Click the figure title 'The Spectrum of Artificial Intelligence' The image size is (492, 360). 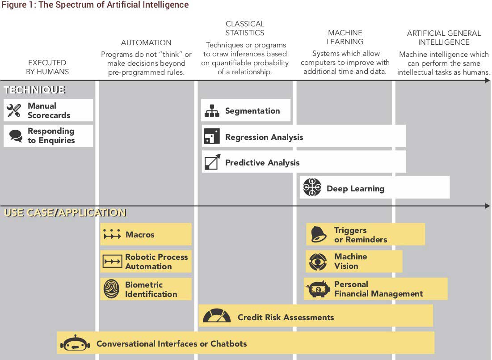tap(114, 5)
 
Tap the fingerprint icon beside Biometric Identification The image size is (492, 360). tap(111, 289)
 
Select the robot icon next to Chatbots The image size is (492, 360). tap(75, 343)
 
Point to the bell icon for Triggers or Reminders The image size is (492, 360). tap(319, 234)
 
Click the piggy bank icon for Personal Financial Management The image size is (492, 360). tap(318, 289)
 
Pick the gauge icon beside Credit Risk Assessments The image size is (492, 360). tap(216, 316)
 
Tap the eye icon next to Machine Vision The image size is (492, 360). tap(318, 262)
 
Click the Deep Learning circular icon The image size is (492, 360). tap(312, 187)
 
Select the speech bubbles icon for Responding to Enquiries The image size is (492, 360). tap(16, 136)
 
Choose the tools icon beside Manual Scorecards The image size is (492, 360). tap(14, 110)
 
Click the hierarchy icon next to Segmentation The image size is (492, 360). tap(212, 110)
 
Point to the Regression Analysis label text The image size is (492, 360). tap(264, 137)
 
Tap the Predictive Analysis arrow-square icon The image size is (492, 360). tap(212, 162)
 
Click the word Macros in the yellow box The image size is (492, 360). tap(140, 235)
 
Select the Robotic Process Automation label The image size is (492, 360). tap(156, 262)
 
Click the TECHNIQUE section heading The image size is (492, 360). tap(34, 90)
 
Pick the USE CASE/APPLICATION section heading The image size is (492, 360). tap(65, 213)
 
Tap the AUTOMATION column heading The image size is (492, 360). tap(146, 42)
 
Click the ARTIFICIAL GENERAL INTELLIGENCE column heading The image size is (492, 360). tap(444, 38)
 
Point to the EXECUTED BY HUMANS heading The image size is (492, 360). tap(47, 67)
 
